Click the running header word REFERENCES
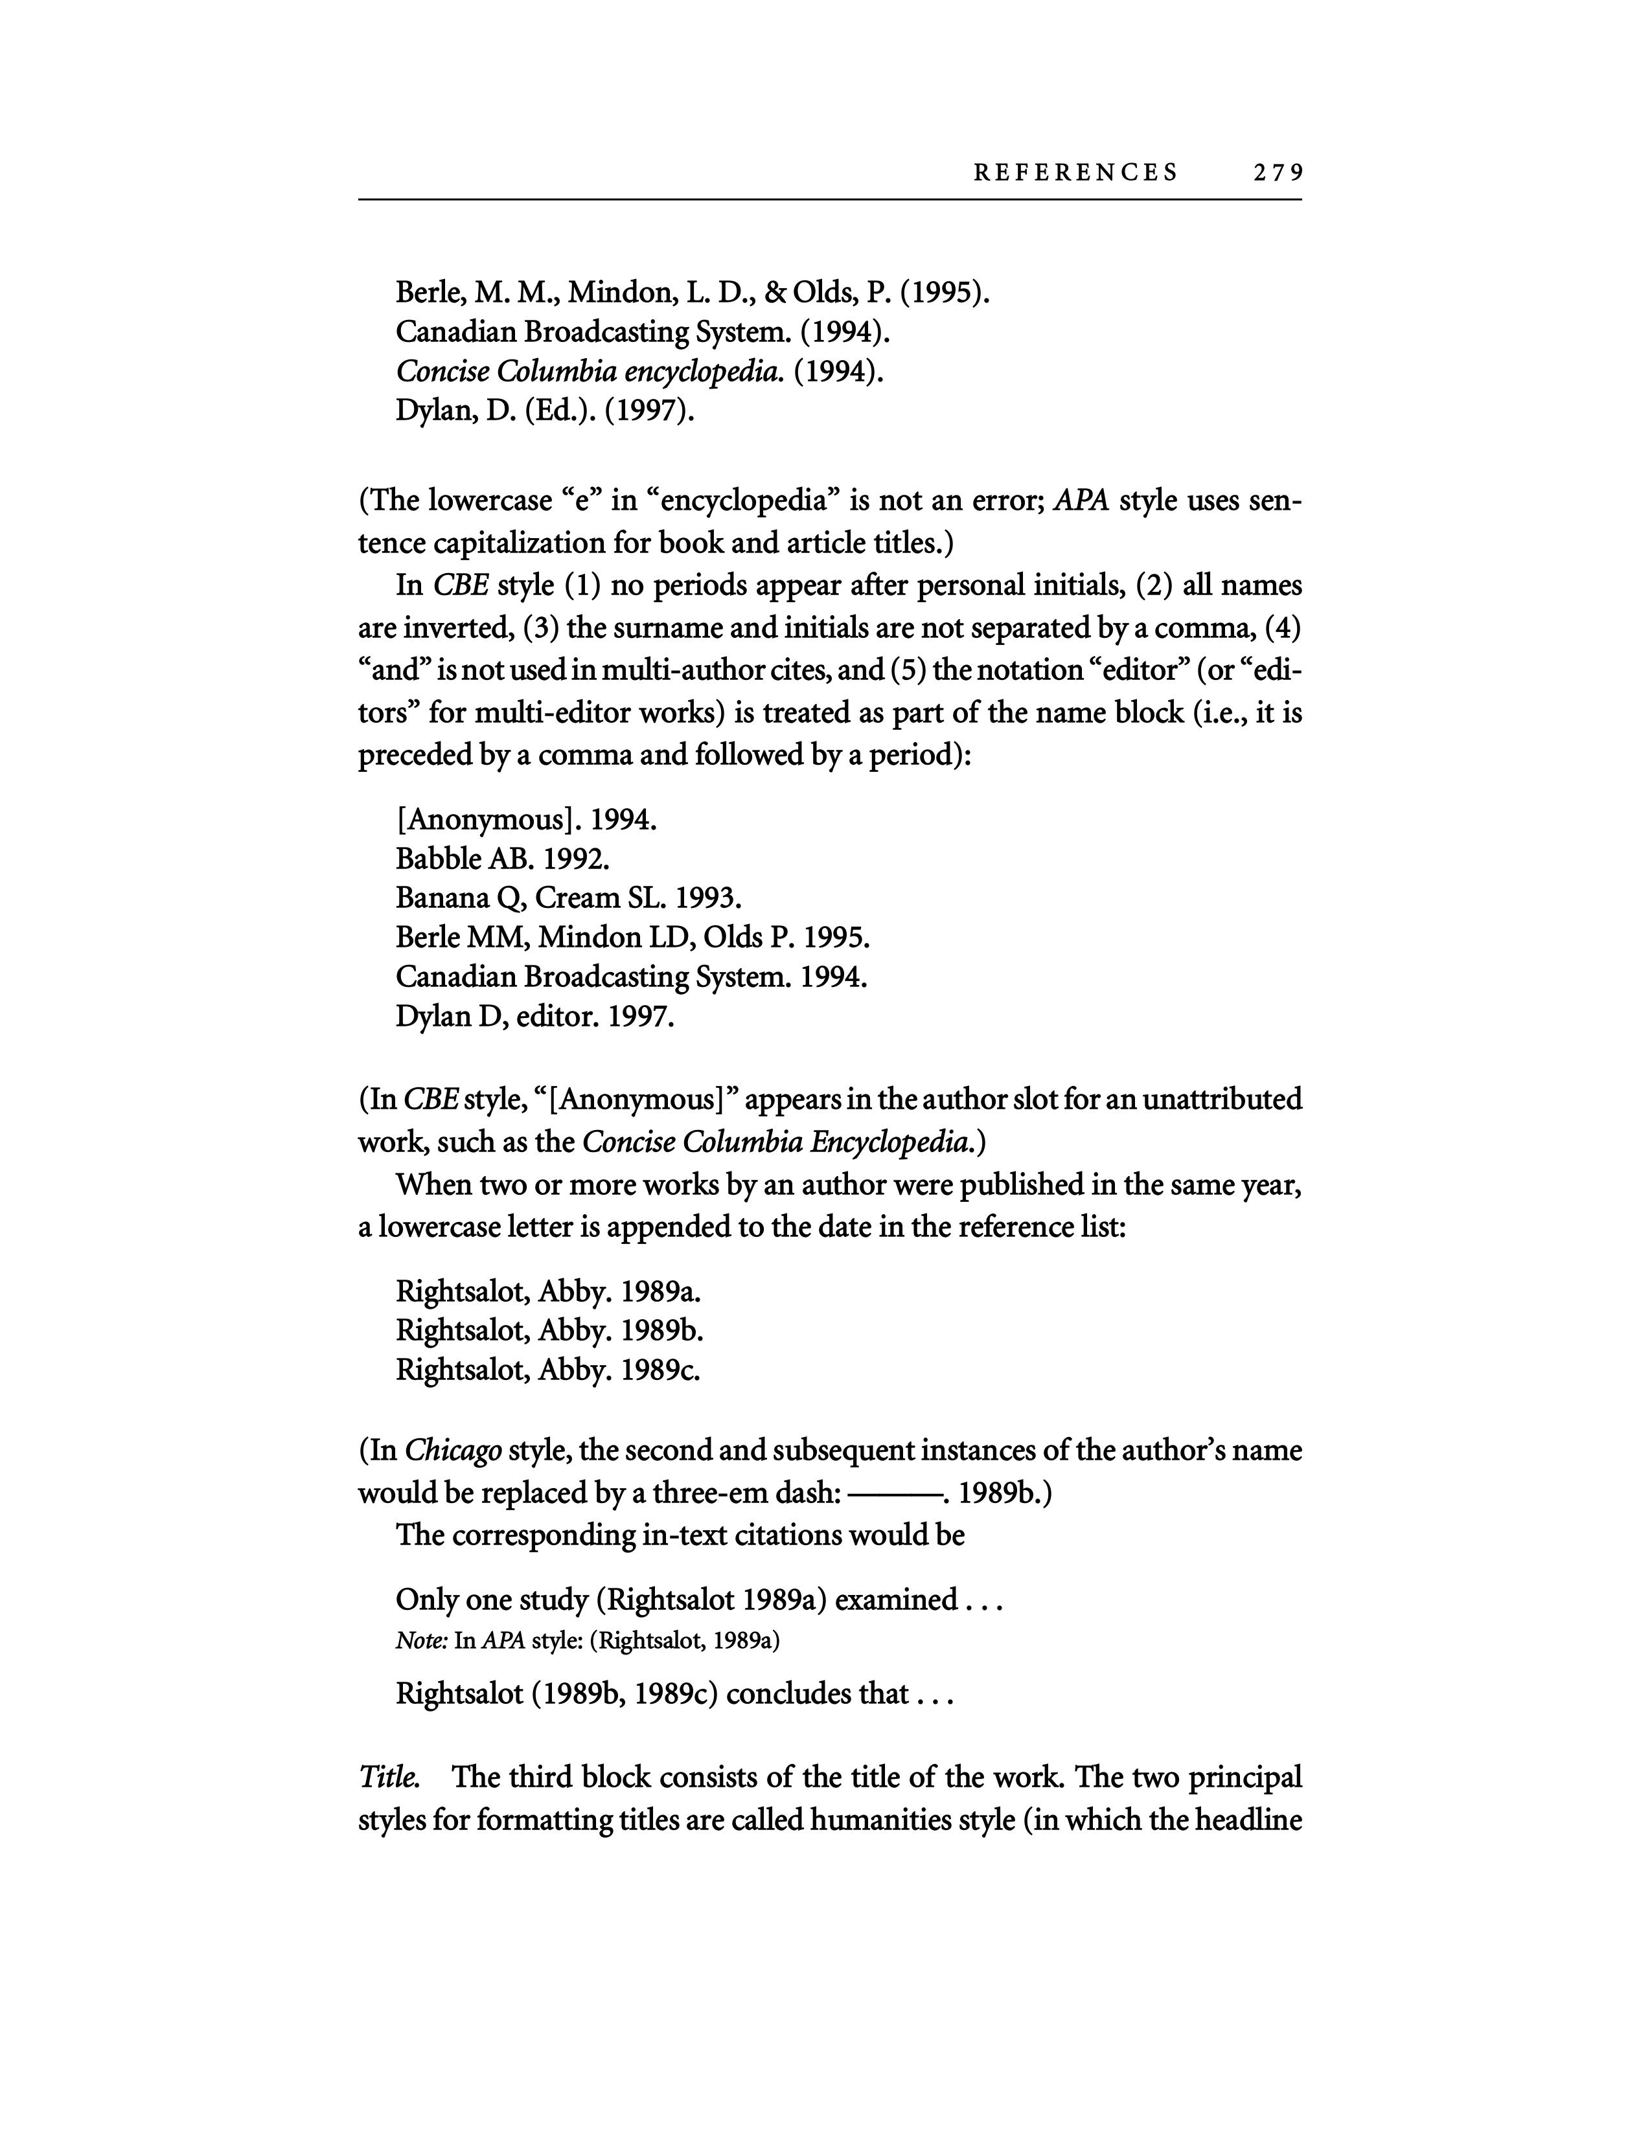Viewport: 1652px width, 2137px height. (x=1075, y=173)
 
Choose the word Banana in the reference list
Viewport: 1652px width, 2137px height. (x=444, y=898)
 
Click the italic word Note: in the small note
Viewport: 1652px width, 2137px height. (x=422, y=1641)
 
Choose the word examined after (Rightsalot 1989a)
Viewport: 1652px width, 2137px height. (x=895, y=1600)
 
